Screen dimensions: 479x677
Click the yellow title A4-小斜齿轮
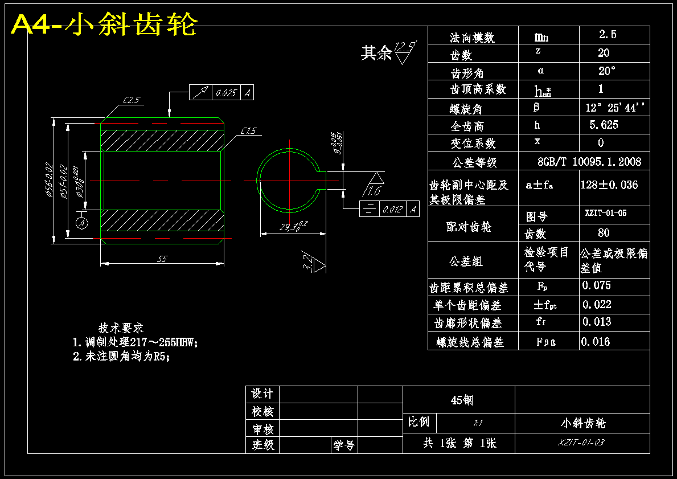pos(105,24)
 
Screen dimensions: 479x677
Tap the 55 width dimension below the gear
pos(162,259)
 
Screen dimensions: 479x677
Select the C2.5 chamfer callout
pos(132,100)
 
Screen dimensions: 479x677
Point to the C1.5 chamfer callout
pos(248,131)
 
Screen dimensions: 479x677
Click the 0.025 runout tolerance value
pos(226,93)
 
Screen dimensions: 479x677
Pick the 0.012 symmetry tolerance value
pos(392,210)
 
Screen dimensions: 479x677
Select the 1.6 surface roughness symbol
pos(374,190)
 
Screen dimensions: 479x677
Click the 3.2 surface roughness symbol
pos(308,263)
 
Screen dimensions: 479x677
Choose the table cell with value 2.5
pos(608,35)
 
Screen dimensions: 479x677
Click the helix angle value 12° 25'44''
pos(616,107)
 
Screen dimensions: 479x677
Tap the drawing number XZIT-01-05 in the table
pos(606,214)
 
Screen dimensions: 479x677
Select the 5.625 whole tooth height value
pos(604,125)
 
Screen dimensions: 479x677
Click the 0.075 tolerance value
pos(597,285)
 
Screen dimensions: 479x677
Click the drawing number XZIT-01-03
pos(581,442)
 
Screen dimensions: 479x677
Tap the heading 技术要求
pos(121,328)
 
